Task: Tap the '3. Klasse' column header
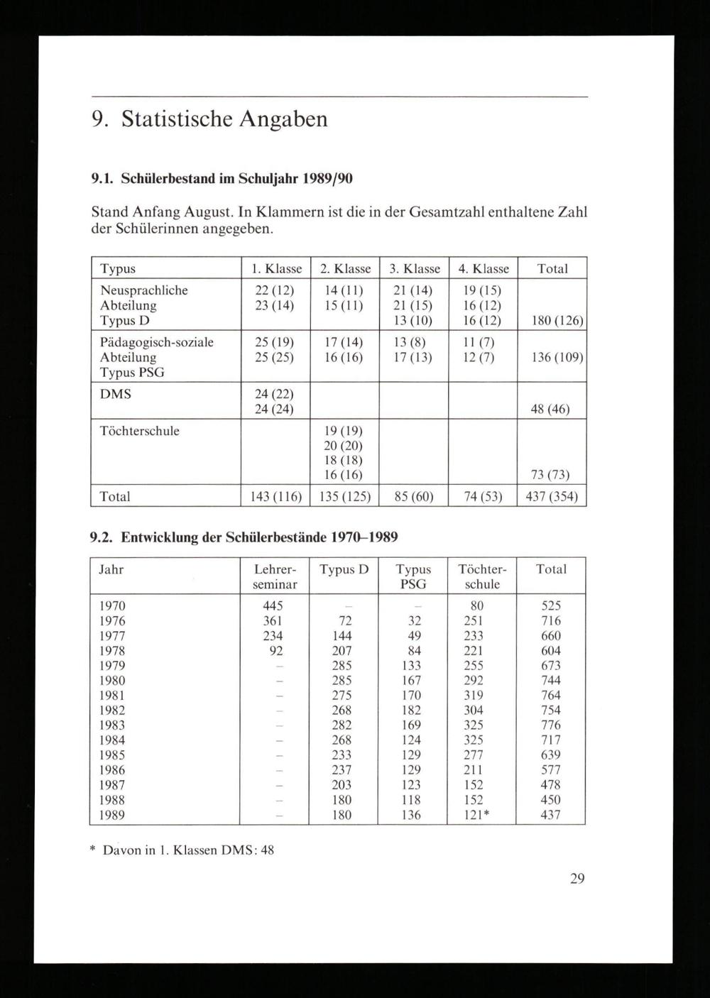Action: click(415, 269)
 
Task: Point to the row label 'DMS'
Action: click(116, 394)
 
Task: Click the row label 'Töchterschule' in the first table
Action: click(140, 431)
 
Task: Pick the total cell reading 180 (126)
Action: click(552, 321)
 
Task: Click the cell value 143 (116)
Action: click(273, 497)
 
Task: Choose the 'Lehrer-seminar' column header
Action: click(274, 576)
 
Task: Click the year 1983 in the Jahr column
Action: click(111, 725)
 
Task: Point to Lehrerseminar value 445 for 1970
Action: click(273, 605)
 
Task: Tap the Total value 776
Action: click(550, 725)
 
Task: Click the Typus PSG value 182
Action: click(410, 710)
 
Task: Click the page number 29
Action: click(577, 879)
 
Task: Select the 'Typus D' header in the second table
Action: click(344, 569)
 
